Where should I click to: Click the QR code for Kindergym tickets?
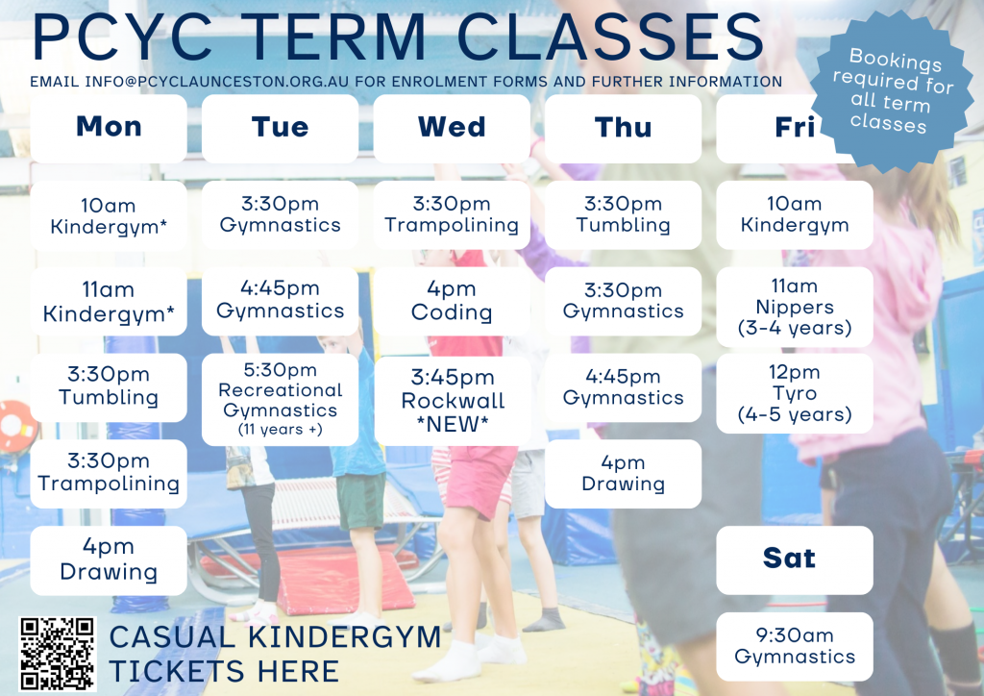(58, 654)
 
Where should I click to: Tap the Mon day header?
(109, 128)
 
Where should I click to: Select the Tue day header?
(280, 128)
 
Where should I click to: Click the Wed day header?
(452, 128)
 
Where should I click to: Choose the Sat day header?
(794, 559)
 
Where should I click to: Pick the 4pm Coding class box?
(452, 301)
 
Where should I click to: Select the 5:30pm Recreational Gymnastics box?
(280, 399)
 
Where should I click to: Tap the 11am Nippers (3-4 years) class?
(794, 307)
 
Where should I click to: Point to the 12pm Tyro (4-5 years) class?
(794, 393)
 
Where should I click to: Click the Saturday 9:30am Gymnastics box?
(794, 646)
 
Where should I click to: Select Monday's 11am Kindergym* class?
(109, 301)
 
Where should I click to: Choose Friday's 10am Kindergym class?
(794, 214)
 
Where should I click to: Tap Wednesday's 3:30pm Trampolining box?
(452, 214)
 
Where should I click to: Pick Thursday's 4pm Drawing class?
(623, 473)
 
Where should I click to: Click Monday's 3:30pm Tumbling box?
(109, 386)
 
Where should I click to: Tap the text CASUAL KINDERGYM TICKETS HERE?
(275, 654)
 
